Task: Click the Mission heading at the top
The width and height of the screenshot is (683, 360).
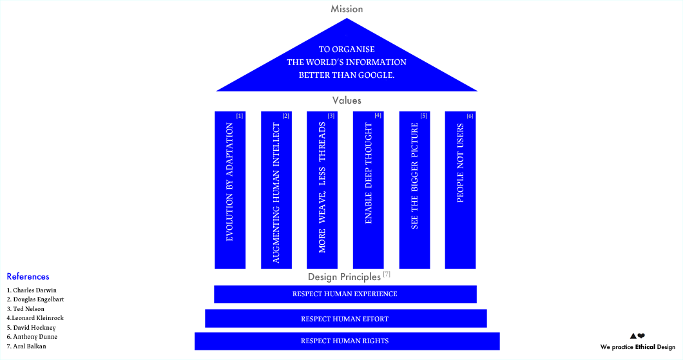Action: pos(347,9)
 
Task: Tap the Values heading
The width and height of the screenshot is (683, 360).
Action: pos(347,100)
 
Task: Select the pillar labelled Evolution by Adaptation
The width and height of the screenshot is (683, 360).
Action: pos(230,190)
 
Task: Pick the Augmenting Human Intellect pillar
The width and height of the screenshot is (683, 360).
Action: pos(276,190)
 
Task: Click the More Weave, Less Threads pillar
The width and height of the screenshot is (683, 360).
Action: pos(322,190)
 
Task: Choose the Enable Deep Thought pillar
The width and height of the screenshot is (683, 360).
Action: pos(369,190)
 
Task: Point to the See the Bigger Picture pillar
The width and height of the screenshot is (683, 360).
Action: pos(414,190)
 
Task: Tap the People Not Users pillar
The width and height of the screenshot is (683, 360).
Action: pos(460,190)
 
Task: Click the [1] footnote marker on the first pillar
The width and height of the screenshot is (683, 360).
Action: pos(240,116)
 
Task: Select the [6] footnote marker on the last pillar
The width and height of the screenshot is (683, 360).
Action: pos(470,116)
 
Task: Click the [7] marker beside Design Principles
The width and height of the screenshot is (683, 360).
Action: pos(387,274)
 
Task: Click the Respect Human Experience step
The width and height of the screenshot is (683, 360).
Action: pos(345,294)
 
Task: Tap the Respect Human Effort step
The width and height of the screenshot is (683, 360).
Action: pos(345,319)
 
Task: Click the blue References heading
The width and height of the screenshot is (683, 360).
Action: pos(28,277)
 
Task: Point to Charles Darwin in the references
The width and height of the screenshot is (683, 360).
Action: pos(32,290)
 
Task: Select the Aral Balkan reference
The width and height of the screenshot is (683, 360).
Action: pos(27,346)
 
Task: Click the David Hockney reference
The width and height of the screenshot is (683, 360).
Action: pos(32,328)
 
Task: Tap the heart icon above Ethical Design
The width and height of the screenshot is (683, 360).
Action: pos(641,336)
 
